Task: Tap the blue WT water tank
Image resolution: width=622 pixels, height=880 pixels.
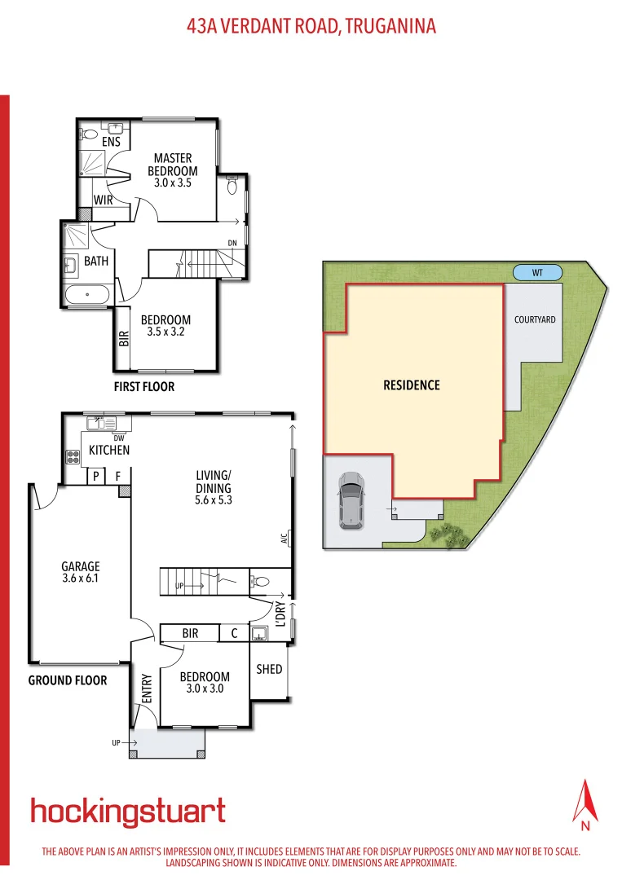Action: [537, 273]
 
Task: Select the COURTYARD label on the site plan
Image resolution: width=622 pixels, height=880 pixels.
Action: [535, 319]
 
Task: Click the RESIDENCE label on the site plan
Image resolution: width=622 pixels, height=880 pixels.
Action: [412, 385]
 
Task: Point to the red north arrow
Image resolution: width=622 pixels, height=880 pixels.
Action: [585, 803]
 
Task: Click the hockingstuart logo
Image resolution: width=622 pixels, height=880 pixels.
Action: [128, 812]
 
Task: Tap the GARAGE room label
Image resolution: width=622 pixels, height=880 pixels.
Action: [81, 566]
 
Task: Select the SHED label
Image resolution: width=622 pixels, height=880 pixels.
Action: [269, 669]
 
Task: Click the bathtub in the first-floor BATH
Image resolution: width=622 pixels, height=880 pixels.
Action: [87, 294]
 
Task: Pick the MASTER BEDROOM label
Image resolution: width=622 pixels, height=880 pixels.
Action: [172, 165]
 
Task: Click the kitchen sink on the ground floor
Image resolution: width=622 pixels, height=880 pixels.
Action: [104, 423]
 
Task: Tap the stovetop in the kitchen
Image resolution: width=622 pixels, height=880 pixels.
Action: [72, 456]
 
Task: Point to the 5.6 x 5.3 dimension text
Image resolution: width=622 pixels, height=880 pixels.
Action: [214, 500]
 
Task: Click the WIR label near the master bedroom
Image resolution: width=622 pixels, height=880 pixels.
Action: [103, 200]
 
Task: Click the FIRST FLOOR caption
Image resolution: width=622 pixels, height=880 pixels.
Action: [144, 386]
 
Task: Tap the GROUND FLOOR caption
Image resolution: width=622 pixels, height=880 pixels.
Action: [68, 680]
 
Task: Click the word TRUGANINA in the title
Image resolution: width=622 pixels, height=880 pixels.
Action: [390, 26]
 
